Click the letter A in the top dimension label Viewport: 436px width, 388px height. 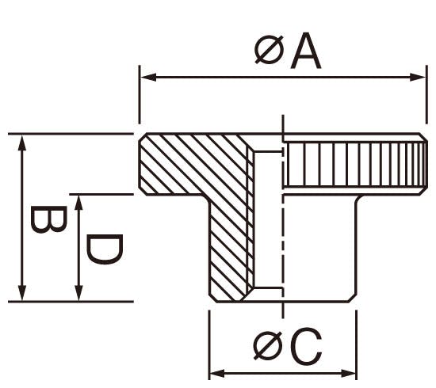pyautogui.click(x=305, y=51)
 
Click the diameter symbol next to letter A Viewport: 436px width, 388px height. pyautogui.click(x=270, y=50)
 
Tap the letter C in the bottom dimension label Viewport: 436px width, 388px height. pyautogui.click(x=307, y=346)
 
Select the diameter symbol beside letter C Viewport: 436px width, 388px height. pyautogui.click(x=268, y=346)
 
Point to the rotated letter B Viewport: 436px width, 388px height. pyautogui.click(x=48, y=219)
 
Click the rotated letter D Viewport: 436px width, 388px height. pyautogui.click(x=105, y=249)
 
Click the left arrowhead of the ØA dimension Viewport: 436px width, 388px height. pyautogui.click(x=148, y=78)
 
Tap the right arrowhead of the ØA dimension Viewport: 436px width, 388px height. pyautogui.click(x=418, y=78)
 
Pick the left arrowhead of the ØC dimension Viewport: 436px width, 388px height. pyautogui.click(x=217, y=373)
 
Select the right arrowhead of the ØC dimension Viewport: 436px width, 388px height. pyautogui.click(x=348, y=373)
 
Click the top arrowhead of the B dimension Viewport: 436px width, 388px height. pyautogui.click(x=22, y=143)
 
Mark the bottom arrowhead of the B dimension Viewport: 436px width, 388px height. pyautogui.click(x=22, y=293)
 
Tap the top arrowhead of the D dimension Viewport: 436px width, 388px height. pyautogui.click(x=79, y=203)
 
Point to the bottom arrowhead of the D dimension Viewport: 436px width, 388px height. pyautogui.click(x=79, y=293)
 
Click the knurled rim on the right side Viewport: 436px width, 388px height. pyautogui.click(x=354, y=165)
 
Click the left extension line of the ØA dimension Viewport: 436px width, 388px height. pyautogui.click(x=140, y=94)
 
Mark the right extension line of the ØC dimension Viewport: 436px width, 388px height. pyautogui.click(x=356, y=345)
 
